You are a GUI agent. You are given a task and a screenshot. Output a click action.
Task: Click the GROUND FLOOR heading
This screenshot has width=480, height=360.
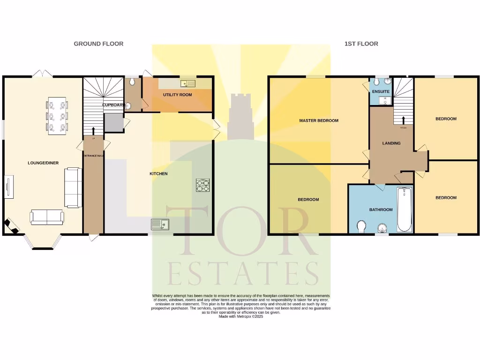(x=98, y=44)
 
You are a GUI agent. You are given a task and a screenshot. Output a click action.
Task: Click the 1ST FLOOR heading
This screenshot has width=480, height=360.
(x=361, y=44)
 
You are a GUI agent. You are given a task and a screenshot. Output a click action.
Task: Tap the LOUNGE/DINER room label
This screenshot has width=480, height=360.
(x=43, y=163)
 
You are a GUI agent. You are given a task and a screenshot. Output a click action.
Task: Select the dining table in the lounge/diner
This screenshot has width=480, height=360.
(x=57, y=114)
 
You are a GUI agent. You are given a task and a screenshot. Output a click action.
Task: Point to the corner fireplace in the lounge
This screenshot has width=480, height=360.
(x=11, y=225)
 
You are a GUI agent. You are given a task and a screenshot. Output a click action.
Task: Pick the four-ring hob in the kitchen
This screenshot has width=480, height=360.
(x=202, y=185)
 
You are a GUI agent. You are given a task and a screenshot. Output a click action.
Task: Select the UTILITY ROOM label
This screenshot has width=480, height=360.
(x=177, y=95)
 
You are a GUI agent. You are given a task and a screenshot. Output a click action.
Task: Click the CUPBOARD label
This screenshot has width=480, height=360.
(x=113, y=105)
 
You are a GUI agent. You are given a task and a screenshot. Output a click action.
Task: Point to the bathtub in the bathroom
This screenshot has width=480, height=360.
(x=404, y=210)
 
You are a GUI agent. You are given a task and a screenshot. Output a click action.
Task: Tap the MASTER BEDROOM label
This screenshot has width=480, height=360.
(x=319, y=120)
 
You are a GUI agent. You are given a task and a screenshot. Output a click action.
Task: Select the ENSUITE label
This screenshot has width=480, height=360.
(x=381, y=91)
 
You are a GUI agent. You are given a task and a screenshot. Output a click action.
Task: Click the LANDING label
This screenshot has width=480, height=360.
(x=391, y=143)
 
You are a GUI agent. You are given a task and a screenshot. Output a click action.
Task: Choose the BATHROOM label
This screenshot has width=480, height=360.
(x=381, y=210)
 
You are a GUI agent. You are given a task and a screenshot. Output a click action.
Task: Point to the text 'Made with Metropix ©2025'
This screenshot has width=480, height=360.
(x=241, y=316)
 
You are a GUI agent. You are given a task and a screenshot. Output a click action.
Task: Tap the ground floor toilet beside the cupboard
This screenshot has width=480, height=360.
(x=133, y=82)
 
